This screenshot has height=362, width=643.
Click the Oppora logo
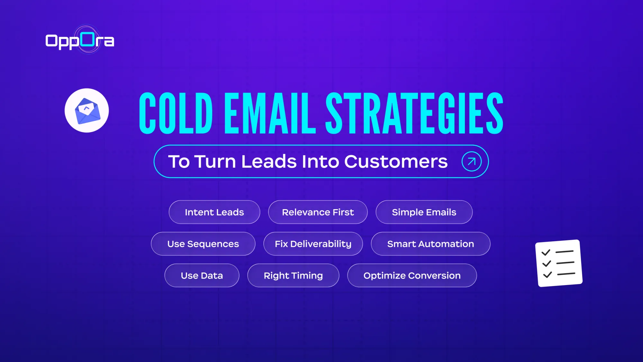(x=80, y=41)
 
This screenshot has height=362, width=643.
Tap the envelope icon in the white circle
(x=87, y=111)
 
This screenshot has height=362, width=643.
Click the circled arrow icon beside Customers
(x=471, y=162)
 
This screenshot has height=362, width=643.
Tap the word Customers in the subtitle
(x=396, y=162)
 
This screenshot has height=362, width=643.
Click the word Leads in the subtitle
(x=269, y=162)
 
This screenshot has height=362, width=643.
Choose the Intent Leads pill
(x=214, y=212)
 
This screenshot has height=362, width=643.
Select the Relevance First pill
(x=318, y=212)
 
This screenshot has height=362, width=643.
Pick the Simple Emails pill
(x=424, y=212)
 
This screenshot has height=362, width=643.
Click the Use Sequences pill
(x=203, y=244)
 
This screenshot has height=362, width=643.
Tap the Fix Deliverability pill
(x=313, y=244)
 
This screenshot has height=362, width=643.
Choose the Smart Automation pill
(x=430, y=244)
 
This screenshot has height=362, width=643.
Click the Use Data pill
(x=202, y=276)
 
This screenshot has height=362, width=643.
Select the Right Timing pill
(x=293, y=276)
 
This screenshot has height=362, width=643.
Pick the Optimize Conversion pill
(x=412, y=276)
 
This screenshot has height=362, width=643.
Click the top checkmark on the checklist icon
(x=546, y=253)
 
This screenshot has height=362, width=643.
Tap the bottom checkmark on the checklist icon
(x=547, y=275)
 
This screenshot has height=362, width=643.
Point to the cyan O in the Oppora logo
(x=88, y=40)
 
